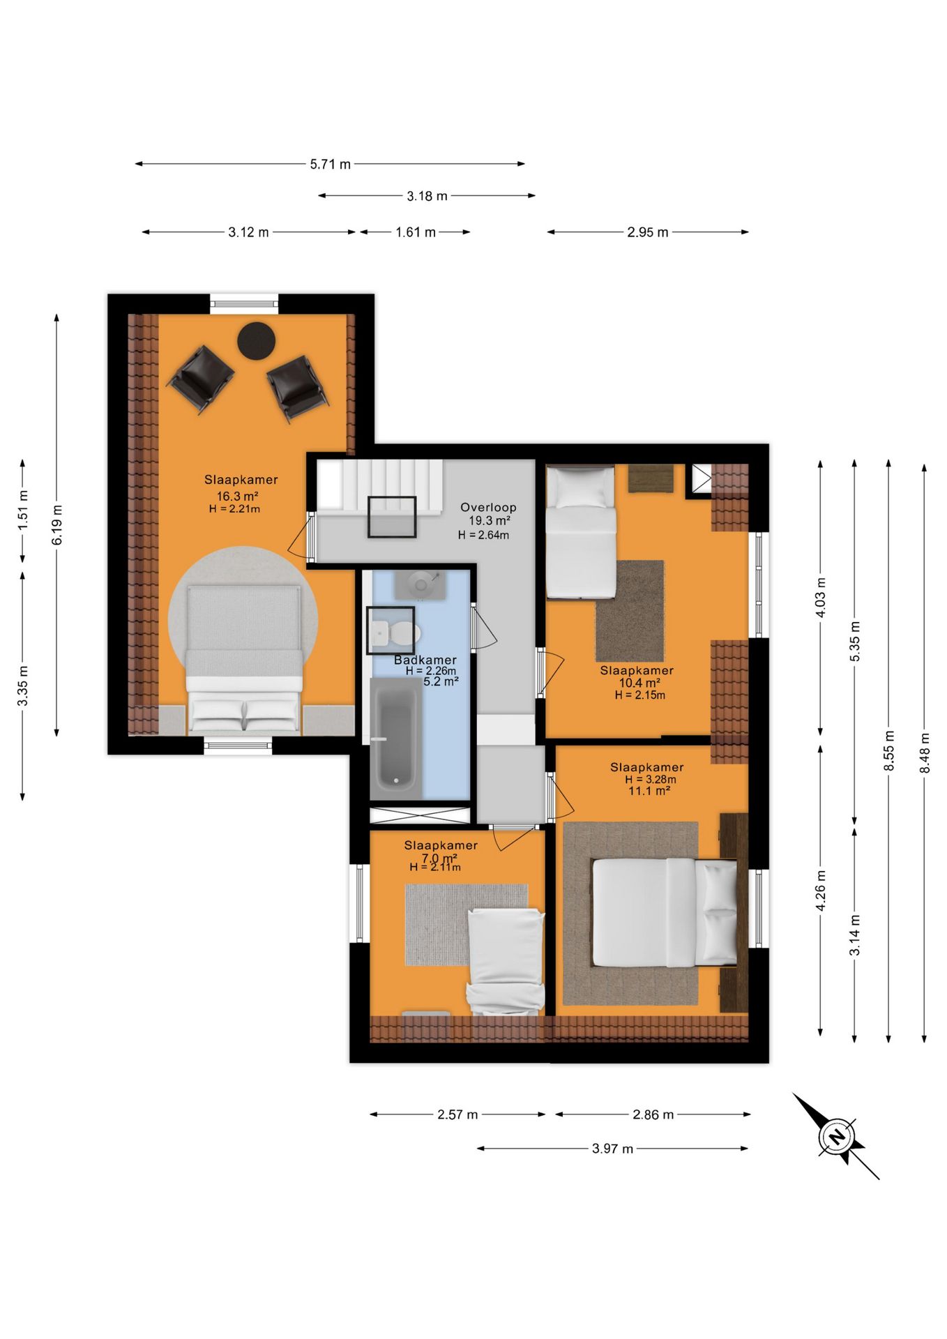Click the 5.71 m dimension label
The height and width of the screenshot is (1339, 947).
331,165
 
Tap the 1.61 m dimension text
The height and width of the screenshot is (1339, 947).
416,232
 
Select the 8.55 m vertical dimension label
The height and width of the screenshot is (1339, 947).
889,751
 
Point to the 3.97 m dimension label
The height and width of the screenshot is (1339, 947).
612,1149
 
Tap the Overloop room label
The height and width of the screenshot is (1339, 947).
488,507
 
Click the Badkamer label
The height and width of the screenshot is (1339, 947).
425,660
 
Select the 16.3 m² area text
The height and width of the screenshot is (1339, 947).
238,497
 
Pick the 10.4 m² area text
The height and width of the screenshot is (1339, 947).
639,683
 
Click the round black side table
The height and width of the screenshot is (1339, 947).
257,340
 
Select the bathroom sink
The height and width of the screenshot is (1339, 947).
420,584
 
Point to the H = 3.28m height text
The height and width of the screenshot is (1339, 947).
651,780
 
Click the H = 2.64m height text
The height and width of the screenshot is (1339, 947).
483,536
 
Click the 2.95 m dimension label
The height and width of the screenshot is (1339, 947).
647,232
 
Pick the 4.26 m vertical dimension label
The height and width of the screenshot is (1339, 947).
821,891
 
